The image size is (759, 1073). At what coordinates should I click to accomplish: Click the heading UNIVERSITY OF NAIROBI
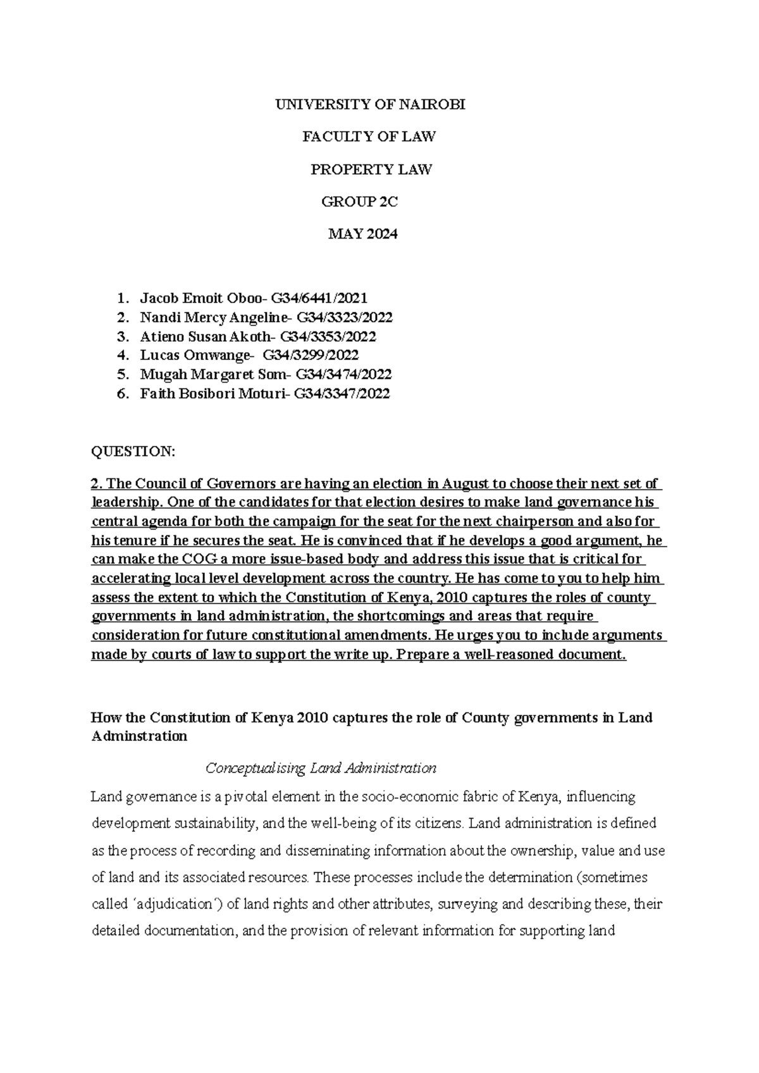(370, 105)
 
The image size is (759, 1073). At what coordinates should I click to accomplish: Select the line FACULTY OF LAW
(370, 137)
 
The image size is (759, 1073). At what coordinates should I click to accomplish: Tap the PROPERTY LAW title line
(371, 170)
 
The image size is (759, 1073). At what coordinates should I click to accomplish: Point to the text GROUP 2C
(361, 202)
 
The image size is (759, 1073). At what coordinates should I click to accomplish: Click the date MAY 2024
(362, 234)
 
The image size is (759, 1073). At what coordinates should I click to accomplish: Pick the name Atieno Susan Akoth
(207, 336)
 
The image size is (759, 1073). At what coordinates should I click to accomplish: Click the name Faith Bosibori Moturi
(211, 394)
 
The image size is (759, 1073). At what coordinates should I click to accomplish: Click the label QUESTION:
(132, 452)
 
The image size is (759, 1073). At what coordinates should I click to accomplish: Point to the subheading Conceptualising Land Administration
(321, 769)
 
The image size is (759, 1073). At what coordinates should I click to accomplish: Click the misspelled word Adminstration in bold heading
(139, 736)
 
